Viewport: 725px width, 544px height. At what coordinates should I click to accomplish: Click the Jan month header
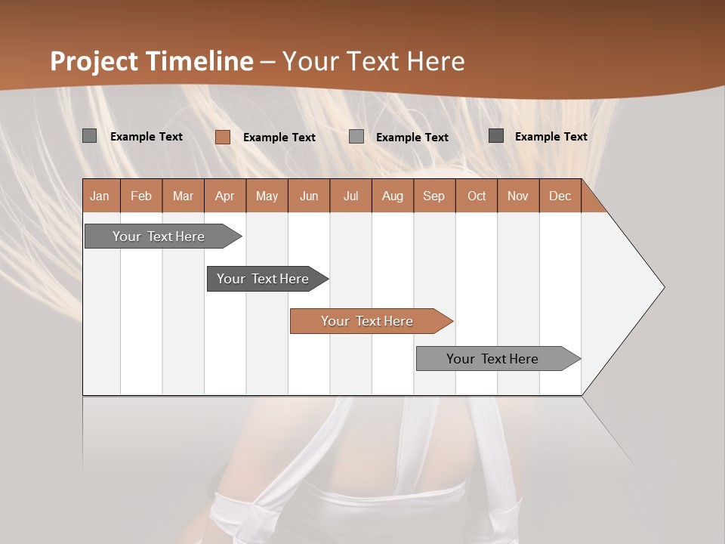point(100,196)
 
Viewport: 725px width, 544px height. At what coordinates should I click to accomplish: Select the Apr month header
point(225,196)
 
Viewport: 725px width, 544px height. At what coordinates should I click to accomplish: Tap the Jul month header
point(351,196)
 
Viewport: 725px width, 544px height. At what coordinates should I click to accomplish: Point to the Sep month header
point(434,196)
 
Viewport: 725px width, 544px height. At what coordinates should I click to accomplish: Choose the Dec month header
point(560,196)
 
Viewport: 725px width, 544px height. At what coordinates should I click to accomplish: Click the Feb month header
point(141,196)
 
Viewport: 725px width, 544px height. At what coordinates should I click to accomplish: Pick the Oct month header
point(477,196)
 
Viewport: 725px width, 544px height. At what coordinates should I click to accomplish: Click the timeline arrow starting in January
point(159,236)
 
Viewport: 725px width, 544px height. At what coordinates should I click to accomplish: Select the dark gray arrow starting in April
point(264,279)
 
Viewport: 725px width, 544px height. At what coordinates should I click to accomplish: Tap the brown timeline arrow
point(368,321)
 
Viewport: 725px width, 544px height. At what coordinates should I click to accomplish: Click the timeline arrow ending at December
point(493,359)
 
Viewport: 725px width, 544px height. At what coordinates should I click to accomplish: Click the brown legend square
point(223,137)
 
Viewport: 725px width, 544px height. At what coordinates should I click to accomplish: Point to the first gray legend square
point(90,136)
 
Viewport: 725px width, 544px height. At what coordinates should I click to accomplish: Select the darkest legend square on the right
point(496,136)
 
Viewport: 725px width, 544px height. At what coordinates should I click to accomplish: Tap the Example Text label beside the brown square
point(279,138)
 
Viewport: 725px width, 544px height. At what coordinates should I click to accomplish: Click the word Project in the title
point(94,61)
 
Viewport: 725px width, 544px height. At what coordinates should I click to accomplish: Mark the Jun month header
point(309,196)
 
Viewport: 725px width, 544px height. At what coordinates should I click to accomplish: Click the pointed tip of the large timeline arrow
point(662,286)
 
